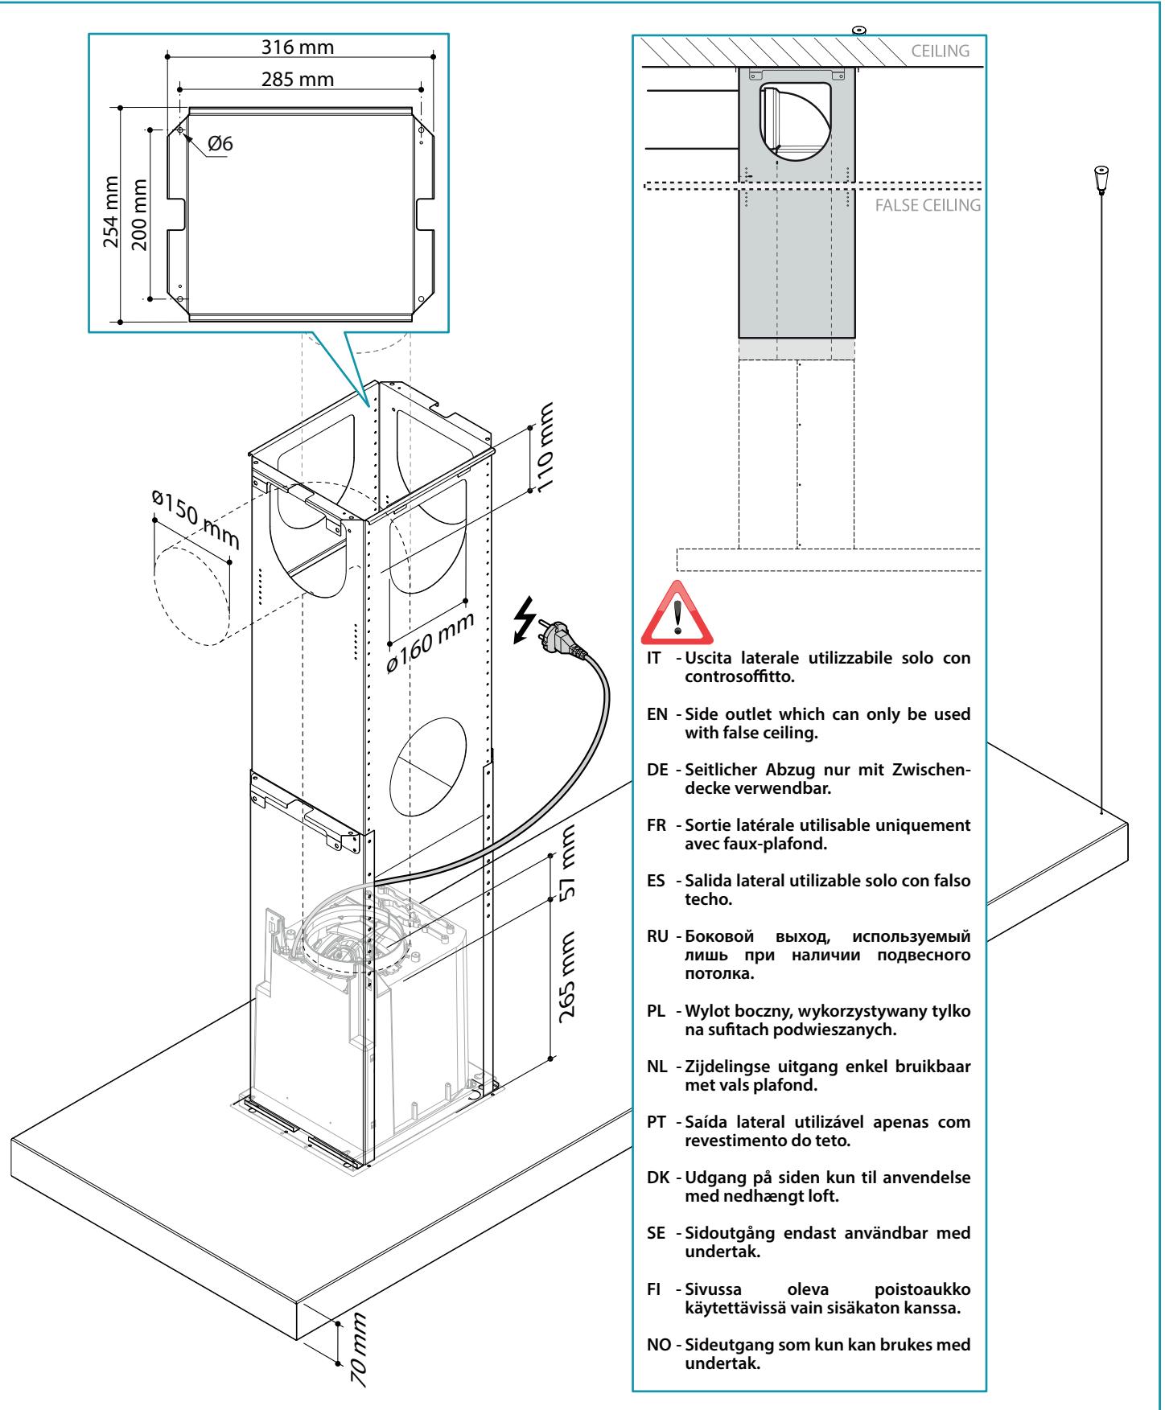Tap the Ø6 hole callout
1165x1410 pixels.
pyautogui.click(x=220, y=144)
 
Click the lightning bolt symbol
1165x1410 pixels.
pyautogui.click(x=524, y=619)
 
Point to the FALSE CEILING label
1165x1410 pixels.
pyautogui.click(x=927, y=205)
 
